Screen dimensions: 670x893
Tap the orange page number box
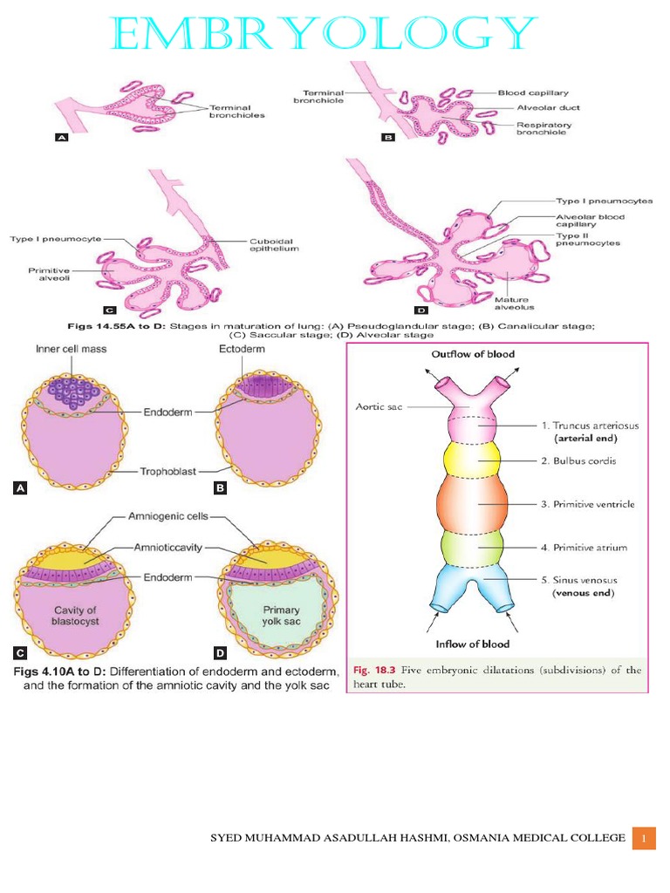click(x=644, y=838)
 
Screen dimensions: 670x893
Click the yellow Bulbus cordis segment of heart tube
click(x=472, y=460)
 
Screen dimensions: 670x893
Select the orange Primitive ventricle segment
click(x=472, y=503)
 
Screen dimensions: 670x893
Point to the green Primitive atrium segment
click(x=472, y=548)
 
